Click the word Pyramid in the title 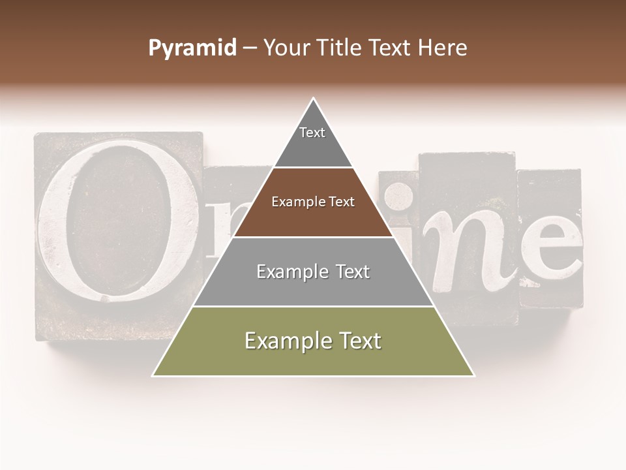coord(192,48)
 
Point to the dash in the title coord(250,49)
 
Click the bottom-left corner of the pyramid coord(154,375)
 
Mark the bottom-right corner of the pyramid coord(473,375)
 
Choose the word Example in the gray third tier coord(290,272)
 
